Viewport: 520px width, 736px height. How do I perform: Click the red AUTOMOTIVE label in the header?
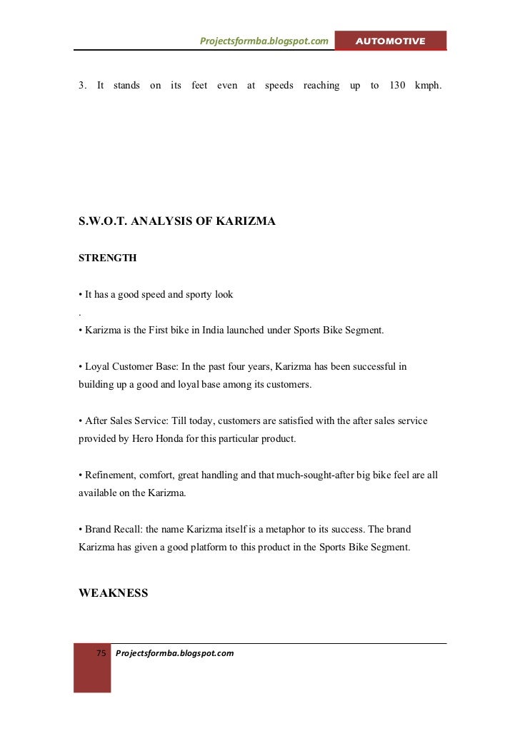coord(390,41)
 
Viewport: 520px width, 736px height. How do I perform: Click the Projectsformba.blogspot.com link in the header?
coord(264,41)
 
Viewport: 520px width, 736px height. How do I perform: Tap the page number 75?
coord(101,653)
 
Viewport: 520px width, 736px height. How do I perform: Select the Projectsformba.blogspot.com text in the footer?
coord(174,653)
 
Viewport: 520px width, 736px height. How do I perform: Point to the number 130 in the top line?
coord(398,86)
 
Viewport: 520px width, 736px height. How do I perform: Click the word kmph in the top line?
coord(429,86)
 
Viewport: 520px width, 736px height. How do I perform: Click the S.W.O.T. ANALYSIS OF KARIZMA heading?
coord(176,221)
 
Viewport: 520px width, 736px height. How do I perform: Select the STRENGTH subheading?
coord(107,258)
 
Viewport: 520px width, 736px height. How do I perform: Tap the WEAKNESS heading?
coord(113,593)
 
